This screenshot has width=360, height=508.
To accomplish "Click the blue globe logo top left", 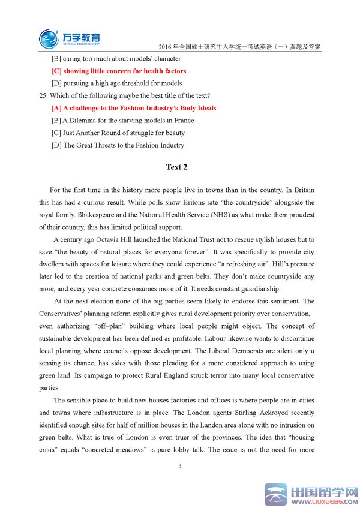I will [49, 38].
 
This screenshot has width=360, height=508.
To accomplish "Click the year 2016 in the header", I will [164, 46].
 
